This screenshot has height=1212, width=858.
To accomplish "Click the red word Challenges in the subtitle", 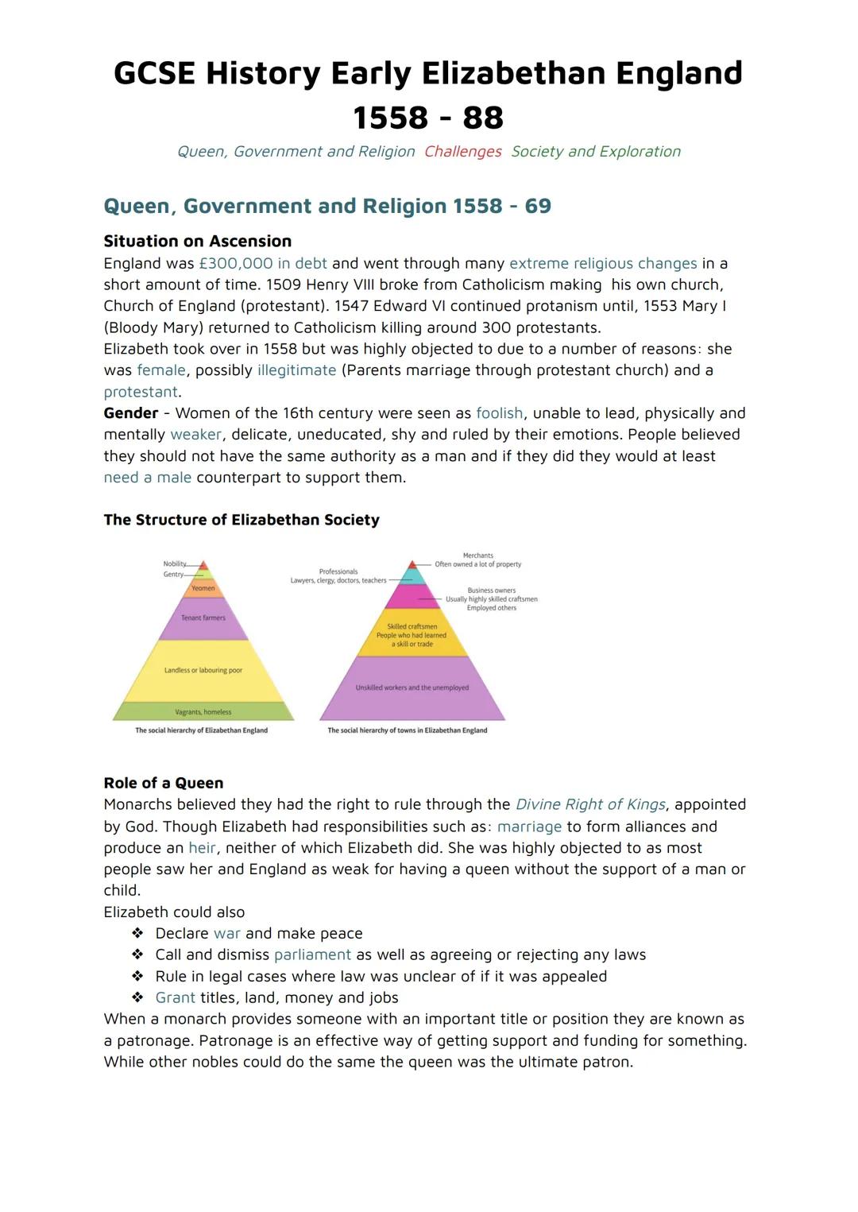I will pyautogui.click(x=462, y=152).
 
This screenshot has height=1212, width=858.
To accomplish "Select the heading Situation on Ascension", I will pyautogui.click(x=197, y=241).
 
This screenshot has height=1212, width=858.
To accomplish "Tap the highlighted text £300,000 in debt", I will pyautogui.click(x=262, y=263).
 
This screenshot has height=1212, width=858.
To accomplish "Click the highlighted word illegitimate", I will pyautogui.click(x=296, y=370).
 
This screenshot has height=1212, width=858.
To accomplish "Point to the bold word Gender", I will pyautogui.click(x=130, y=413).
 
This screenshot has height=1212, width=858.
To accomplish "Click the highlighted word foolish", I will pyautogui.click(x=499, y=413).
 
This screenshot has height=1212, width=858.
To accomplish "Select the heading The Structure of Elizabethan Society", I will pyautogui.click(x=242, y=520).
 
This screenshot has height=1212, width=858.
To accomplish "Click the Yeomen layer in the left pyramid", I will pyautogui.click(x=203, y=588).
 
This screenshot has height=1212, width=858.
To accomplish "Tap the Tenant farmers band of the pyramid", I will pyautogui.click(x=203, y=618).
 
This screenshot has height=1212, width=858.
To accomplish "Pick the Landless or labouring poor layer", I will pyautogui.click(x=203, y=671).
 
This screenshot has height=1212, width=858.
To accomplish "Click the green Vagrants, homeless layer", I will pyautogui.click(x=203, y=712).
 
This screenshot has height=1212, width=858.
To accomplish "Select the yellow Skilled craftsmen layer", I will pyautogui.click(x=412, y=634).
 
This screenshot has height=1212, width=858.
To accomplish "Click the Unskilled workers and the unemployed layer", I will pyautogui.click(x=412, y=687).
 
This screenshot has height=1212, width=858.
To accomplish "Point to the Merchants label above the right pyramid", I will pyautogui.click(x=477, y=556).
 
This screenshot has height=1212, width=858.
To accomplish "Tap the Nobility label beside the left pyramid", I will pyautogui.click(x=174, y=564).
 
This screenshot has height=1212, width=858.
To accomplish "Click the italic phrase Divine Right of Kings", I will pyautogui.click(x=590, y=805).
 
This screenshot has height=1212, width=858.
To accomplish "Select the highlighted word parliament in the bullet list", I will pyautogui.click(x=312, y=955).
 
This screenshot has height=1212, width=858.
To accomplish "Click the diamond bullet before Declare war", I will pyautogui.click(x=138, y=934).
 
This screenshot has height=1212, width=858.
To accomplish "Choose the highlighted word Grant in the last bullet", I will pyautogui.click(x=175, y=998).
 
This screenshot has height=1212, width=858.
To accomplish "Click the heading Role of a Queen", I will pyautogui.click(x=164, y=783).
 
